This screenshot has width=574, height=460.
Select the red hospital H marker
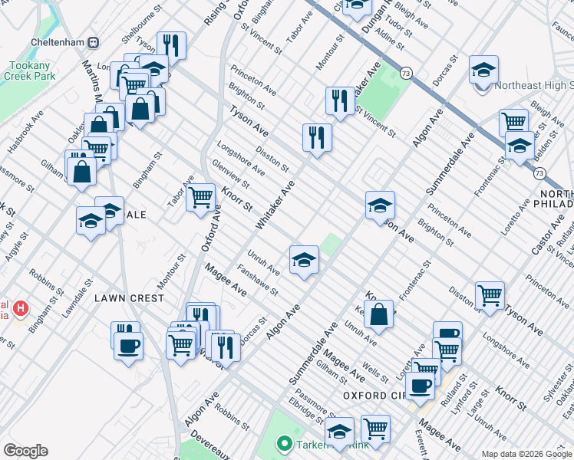(x=21, y=308)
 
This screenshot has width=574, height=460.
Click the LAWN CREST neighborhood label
(x=129, y=297)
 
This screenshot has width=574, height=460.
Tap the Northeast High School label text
(x=534, y=86)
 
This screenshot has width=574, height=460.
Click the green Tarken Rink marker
(x=283, y=444)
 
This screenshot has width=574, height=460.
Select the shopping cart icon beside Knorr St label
(x=201, y=195)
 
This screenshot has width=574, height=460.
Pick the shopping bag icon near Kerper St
(x=380, y=313)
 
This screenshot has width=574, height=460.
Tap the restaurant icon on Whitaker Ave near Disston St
(x=317, y=136)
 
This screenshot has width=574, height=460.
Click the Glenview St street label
(x=230, y=172)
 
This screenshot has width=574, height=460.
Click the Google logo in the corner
(x=25, y=451)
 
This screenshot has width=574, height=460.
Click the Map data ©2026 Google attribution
(x=526, y=454)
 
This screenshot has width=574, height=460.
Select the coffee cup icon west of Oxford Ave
(x=128, y=346)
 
